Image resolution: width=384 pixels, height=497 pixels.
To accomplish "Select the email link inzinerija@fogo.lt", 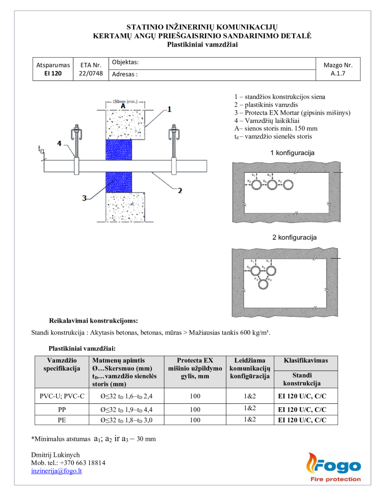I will tap(56, 471).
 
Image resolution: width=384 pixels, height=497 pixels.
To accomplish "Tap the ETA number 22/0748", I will tap(91, 73).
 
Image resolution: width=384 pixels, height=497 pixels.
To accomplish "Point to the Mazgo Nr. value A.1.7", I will tap(337, 74).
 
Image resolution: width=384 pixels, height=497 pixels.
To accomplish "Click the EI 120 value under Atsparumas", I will tap(53, 74).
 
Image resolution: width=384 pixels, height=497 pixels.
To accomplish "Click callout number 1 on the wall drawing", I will tap(169, 109).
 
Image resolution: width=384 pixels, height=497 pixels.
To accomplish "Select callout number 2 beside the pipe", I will tap(180, 190).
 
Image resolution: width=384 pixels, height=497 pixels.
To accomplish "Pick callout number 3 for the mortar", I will tap(84, 198).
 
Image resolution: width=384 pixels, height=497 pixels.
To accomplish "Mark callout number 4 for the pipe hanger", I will tap(59, 143).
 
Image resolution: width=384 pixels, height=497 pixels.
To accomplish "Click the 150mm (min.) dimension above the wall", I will tap(122, 101).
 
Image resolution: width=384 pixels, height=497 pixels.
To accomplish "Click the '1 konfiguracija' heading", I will tap(292, 153).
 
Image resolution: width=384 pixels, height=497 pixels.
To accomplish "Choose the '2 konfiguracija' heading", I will tap(294, 237).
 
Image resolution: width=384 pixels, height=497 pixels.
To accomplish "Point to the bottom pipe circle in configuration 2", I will tap(264, 284).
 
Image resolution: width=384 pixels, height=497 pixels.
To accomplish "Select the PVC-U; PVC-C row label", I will tap(62, 396).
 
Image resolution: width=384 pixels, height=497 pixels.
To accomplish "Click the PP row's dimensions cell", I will tap(125, 409).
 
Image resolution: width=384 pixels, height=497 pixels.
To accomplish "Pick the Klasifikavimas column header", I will tap(306, 361).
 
